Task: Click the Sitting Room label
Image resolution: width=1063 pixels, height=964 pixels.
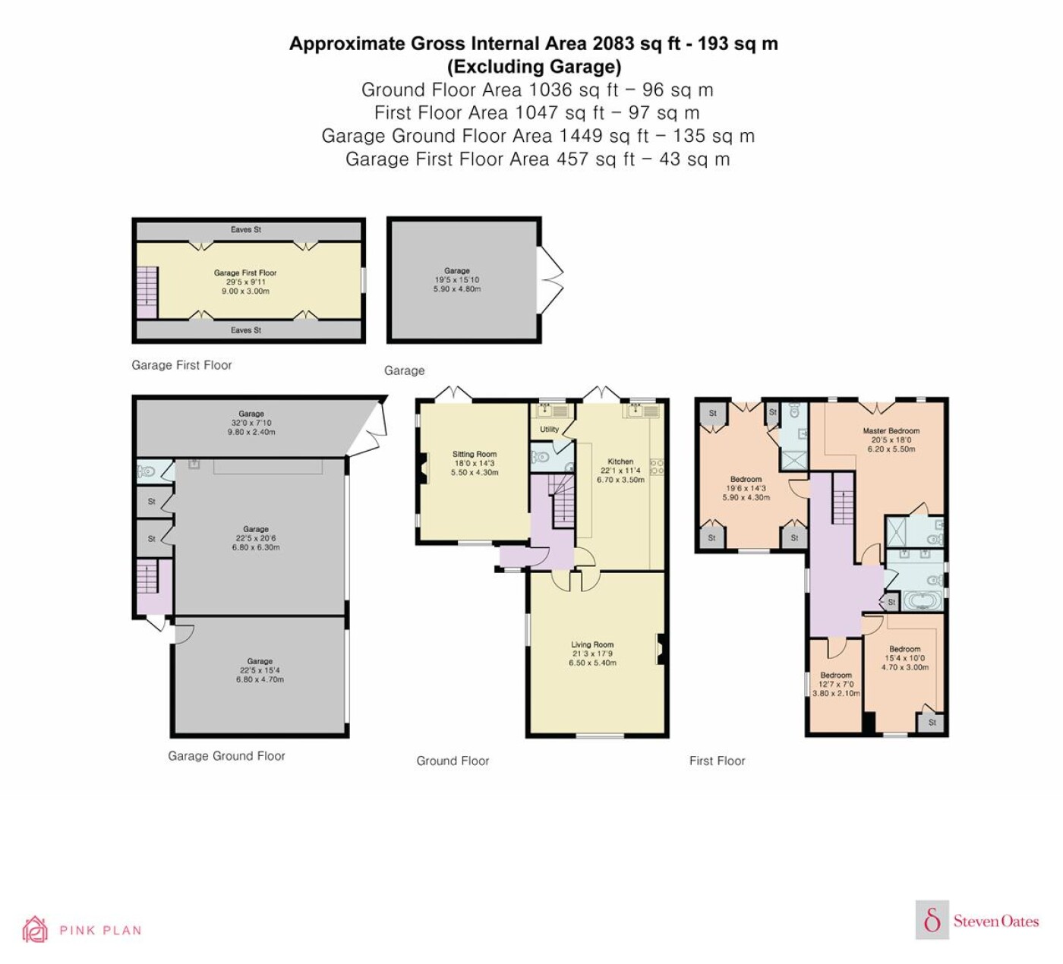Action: pos(475,454)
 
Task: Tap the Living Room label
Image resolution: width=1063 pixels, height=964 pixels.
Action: pos(592,644)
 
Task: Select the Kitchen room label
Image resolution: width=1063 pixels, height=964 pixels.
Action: pos(620,461)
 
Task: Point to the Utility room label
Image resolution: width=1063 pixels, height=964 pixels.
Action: pos(550,429)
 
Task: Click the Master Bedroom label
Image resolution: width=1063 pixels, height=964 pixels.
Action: pos(891,430)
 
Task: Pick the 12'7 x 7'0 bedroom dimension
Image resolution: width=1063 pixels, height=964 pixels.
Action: pos(836,684)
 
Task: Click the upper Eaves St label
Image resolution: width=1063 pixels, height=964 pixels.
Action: pos(246,229)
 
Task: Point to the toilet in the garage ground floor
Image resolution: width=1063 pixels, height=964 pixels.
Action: pos(146,471)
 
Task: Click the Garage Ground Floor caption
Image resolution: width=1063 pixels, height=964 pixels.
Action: pos(226,756)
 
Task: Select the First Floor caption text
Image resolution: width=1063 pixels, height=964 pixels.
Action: pos(717,761)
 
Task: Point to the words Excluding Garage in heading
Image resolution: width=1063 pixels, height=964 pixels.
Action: pos(534,67)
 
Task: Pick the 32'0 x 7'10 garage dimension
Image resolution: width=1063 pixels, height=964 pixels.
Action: pos(251,422)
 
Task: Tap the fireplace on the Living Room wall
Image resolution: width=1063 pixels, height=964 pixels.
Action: pos(661,649)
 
